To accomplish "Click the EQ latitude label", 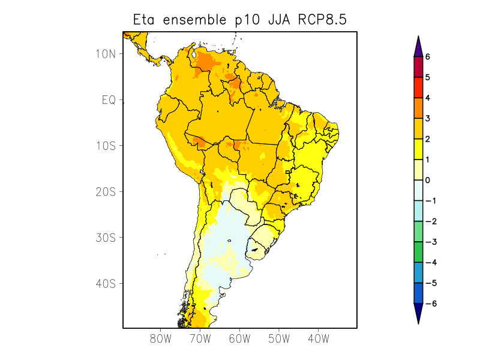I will pos(109,100).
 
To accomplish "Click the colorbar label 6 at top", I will pos(428,57).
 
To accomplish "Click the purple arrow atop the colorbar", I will pos(418,47).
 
